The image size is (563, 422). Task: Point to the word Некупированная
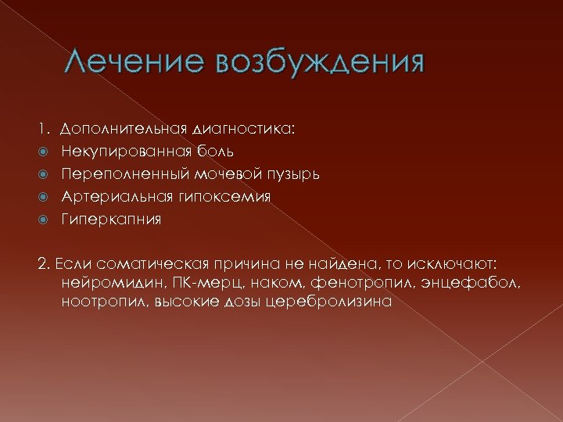124,150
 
